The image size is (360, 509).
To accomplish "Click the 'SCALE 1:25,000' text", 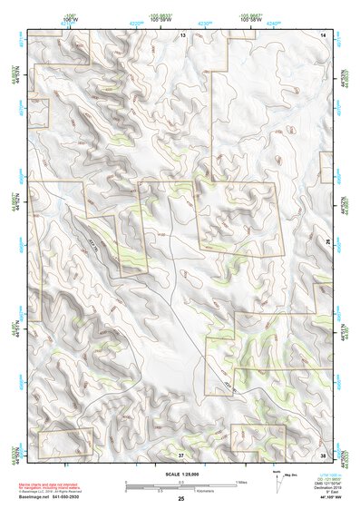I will (x=180, y=473).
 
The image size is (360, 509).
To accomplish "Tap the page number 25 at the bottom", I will (x=180, y=498).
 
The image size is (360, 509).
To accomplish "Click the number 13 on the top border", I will (x=181, y=34).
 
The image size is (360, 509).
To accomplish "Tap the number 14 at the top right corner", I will (x=323, y=34).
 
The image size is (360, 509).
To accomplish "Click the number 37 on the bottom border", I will (x=181, y=454).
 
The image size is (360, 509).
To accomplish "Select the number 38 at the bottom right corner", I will (x=323, y=454).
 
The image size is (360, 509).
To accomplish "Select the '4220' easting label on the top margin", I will (x=136, y=22).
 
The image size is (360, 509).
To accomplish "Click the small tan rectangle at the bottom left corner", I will (x=65, y=441).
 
